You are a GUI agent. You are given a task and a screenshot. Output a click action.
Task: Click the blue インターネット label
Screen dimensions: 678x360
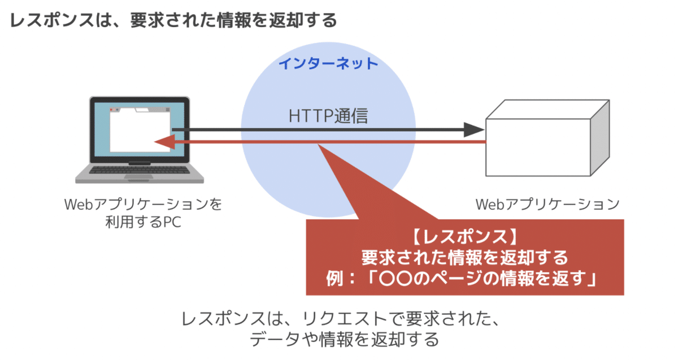click(x=328, y=64)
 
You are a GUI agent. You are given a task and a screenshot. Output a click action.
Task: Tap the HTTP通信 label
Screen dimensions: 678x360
click(x=328, y=116)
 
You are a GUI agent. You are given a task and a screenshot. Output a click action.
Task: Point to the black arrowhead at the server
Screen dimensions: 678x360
click(x=474, y=130)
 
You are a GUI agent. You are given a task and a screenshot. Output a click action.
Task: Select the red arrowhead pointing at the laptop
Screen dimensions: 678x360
click(x=164, y=142)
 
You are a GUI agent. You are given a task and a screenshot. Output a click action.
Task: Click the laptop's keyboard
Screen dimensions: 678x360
click(x=140, y=170)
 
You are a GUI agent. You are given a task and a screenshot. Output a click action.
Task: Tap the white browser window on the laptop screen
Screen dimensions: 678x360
click(x=140, y=129)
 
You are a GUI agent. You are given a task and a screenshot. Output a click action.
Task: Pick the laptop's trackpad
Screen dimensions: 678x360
click(x=139, y=177)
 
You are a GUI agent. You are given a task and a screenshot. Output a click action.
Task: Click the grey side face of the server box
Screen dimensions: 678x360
click(x=600, y=138)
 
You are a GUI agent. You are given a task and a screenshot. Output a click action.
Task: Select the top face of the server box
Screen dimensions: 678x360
click(x=548, y=109)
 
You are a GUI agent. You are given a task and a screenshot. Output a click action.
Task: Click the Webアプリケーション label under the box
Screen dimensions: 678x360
click(x=547, y=205)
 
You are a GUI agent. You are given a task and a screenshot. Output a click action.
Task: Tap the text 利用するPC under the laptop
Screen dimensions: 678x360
click(x=143, y=222)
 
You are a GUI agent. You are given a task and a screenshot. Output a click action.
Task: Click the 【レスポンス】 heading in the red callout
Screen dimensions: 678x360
click(x=465, y=236)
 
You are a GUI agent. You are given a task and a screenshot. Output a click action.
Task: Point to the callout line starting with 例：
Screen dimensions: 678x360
click(x=462, y=279)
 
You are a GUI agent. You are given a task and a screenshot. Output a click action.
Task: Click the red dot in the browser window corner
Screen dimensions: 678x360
click(x=111, y=110)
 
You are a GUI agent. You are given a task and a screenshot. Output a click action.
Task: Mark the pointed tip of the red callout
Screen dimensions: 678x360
click(x=318, y=145)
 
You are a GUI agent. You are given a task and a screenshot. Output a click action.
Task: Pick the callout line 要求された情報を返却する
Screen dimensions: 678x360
click(x=465, y=258)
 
